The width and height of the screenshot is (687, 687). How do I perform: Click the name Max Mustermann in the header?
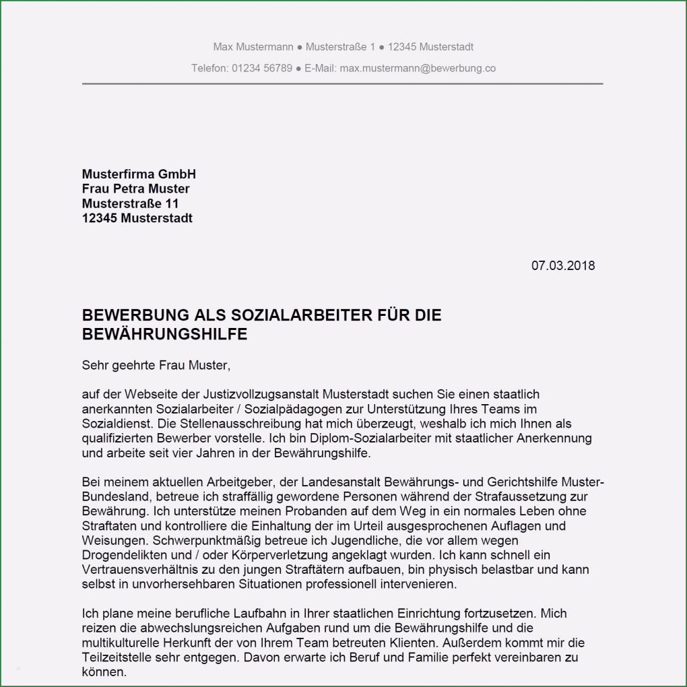tap(253, 47)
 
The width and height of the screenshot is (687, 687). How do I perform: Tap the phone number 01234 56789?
tap(262, 68)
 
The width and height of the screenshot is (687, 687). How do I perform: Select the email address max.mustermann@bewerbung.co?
tap(418, 68)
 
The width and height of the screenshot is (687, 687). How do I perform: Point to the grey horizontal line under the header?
tap(342, 84)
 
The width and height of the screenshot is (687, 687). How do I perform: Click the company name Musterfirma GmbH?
tap(139, 174)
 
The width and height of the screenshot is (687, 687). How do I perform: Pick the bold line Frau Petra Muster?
tap(135, 189)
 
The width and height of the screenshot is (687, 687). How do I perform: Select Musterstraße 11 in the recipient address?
tap(131, 203)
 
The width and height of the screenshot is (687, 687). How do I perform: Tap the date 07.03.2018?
tap(563, 265)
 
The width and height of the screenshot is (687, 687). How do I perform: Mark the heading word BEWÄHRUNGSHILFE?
tap(164, 334)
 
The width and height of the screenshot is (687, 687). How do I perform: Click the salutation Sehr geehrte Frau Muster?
tap(156, 366)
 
